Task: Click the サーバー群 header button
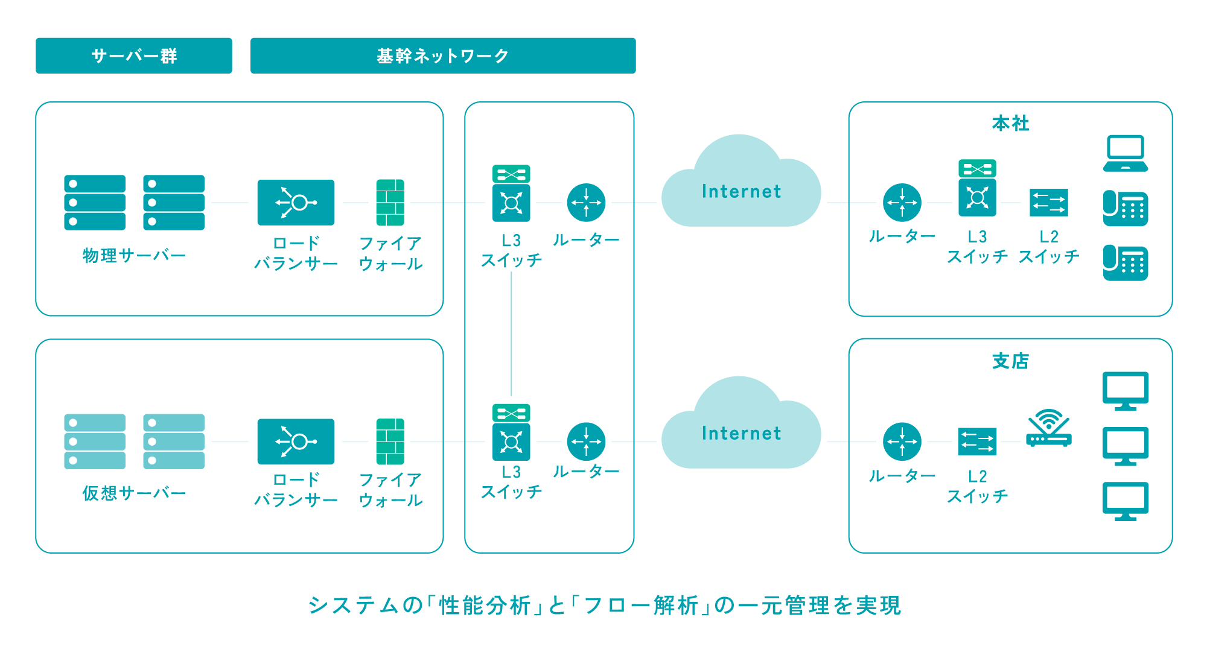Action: (133, 55)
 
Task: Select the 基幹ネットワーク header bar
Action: (442, 55)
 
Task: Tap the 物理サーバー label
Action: (134, 256)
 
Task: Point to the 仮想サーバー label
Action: (134, 493)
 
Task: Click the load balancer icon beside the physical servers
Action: (296, 203)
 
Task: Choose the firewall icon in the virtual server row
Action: (390, 441)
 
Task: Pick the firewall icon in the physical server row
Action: (390, 203)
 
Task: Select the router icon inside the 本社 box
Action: (902, 203)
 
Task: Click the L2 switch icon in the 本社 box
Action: (1049, 203)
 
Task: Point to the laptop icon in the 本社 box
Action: (1126, 154)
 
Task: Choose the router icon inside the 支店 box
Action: (902, 441)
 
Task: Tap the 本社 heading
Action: (1010, 124)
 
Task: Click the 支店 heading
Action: (1010, 361)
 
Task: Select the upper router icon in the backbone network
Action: (586, 203)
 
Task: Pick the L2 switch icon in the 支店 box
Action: (977, 441)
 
